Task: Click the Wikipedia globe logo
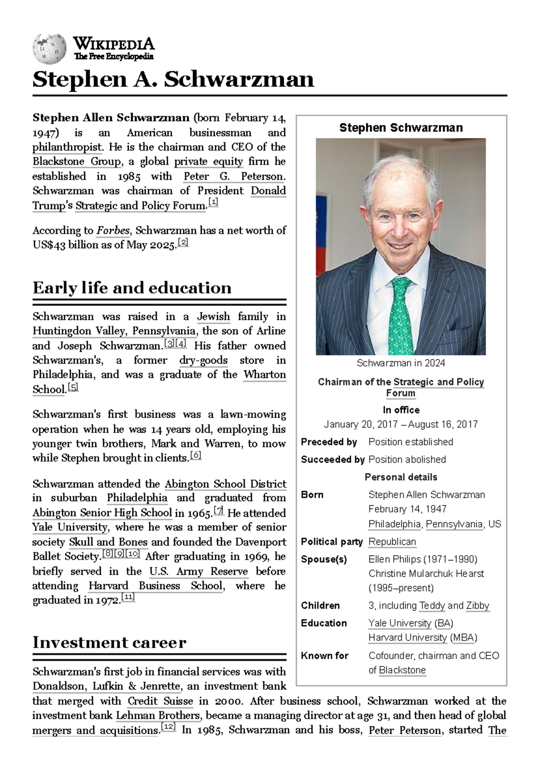(x=49, y=48)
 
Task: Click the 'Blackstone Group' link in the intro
(x=77, y=162)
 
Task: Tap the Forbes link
(x=113, y=231)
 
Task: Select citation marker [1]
(x=213, y=203)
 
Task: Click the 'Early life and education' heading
(x=132, y=288)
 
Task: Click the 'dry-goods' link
(x=203, y=360)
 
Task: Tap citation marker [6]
(x=196, y=455)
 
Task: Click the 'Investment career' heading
(x=109, y=643)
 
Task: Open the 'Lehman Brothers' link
(x=157, y=715)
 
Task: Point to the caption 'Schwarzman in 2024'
(x=400, y=363)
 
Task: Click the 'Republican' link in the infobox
(x=392, y=542)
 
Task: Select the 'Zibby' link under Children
(x=477, y=605)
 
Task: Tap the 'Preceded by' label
(x=329, y=442)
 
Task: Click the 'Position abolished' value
(x=407, y=460)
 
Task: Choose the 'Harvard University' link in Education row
(x=407, y=637)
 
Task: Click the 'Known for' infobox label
(x=325, y=656)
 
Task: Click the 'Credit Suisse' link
(x=160, y=701)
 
